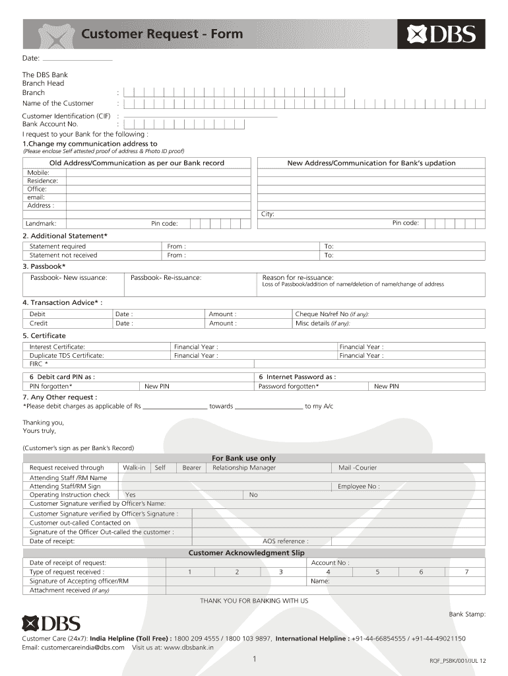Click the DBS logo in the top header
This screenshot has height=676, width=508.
pos(441,34)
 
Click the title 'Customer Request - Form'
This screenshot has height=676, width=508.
pos(162,34)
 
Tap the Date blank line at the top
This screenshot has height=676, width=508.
pos(77,59)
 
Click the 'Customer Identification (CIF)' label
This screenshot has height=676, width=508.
pos(67,116)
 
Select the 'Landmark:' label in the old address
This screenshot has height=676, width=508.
pos(41,223)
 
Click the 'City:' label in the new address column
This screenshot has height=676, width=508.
pos(268,214)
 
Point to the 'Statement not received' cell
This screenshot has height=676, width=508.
pos(63,255)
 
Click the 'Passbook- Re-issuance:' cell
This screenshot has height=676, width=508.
pos(166,277)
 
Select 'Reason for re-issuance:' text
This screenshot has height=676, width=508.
pos(298,277)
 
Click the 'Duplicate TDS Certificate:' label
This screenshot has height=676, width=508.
pos(67,355)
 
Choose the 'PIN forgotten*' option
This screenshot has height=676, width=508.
pos(51,386)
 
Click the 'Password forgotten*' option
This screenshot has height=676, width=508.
pos(289,386)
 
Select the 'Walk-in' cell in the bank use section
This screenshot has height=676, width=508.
pos(134,467)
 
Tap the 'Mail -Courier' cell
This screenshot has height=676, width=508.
pos(358,467)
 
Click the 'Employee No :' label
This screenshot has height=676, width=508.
pos(358,486)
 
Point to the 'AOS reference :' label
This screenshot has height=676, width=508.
pos(285,541)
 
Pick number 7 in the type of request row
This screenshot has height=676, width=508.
pos(466,572)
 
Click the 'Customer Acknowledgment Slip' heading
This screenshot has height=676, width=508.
pos(247,553)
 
